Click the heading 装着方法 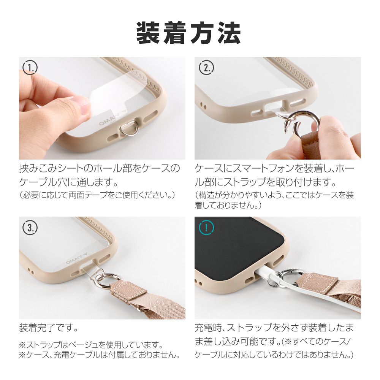click(x=188, y=33)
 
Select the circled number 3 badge click(x=30, y=227)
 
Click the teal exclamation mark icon click(x=206, y=227)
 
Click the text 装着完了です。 click(x=49, y=328)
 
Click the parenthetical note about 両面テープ click(x=97, y=195)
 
